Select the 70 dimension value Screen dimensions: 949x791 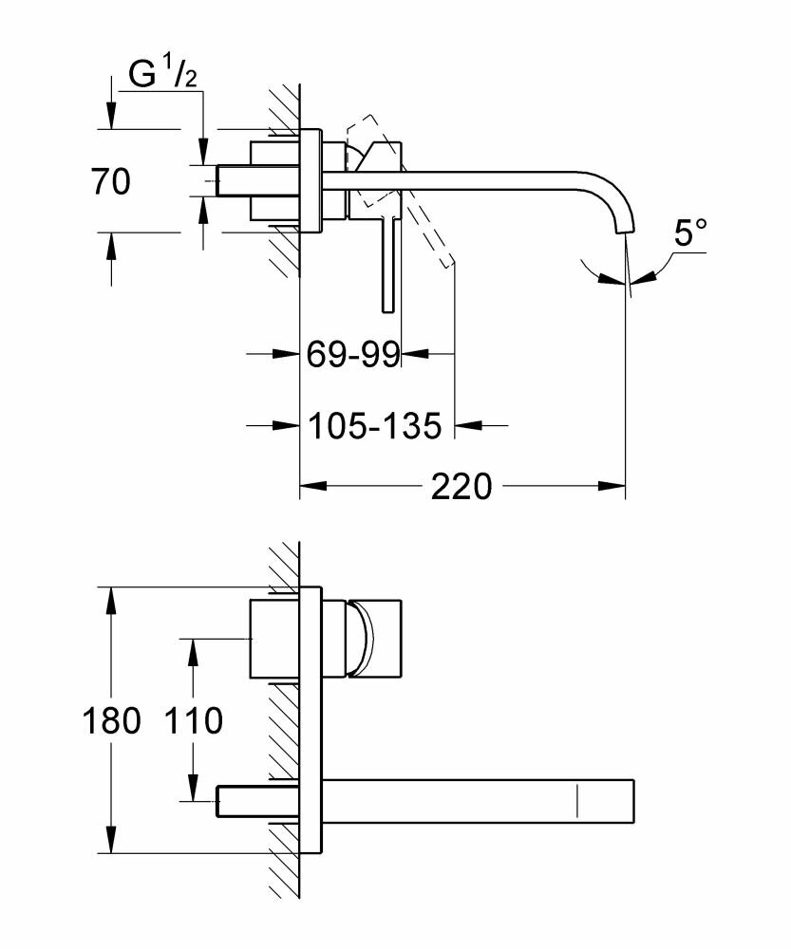111,180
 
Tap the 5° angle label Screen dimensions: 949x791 690,233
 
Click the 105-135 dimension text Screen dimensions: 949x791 376,427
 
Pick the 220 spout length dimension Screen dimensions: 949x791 461,487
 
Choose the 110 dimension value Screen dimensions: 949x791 194,721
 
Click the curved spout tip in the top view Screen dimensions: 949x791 623,214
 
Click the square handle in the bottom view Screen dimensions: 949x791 376,639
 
